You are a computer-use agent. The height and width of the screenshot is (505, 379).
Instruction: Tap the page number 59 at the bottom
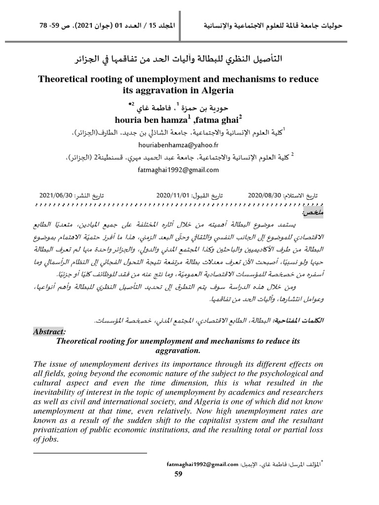[179, 474]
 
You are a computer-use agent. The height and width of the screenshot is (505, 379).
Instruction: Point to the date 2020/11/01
[173, 195]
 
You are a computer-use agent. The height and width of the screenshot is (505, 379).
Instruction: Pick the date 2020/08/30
[265, 195]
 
